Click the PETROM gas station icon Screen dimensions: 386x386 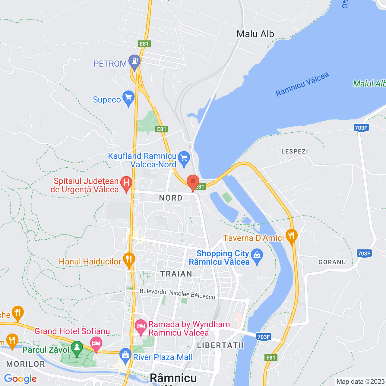click(134, 61)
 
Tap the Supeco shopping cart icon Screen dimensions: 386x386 click(128, 97)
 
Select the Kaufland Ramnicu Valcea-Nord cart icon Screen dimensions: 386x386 click(184, 158)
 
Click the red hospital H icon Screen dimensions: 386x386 click(126, 183)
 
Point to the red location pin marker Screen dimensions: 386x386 click(193, 182)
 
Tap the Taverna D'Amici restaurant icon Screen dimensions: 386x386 click(291, 236)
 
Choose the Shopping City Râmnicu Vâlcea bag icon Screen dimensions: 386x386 click(257, 256)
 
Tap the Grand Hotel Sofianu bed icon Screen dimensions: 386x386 click(96, 343)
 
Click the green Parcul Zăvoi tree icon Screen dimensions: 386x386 click(77, 347)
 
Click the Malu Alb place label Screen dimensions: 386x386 click(255, 34)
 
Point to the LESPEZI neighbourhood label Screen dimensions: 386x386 click(295, 151)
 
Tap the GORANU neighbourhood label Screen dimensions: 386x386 click(332, 262)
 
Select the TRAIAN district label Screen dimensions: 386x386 click(176, 274)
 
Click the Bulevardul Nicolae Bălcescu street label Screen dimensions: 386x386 click(178, 294)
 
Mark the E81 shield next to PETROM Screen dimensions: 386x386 click(144, 44)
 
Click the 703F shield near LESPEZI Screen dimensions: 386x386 click(361, 128)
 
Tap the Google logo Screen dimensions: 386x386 click(21, 379)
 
